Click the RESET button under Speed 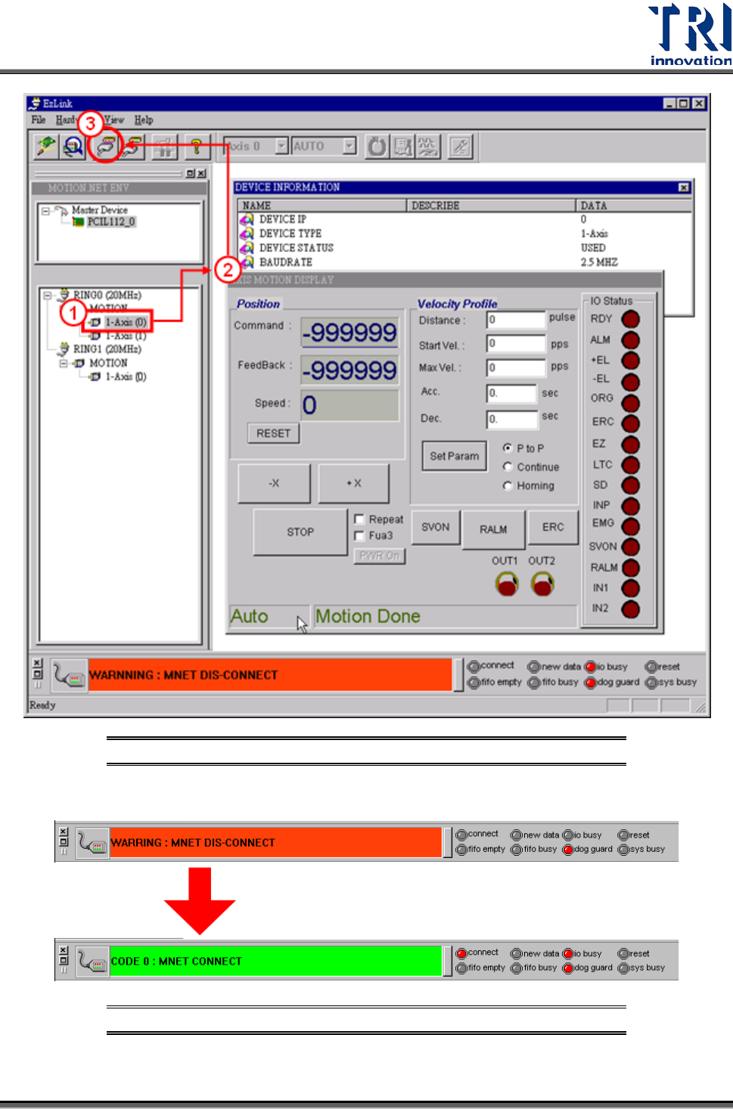point(273,433)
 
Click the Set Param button point(454,456)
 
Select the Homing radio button point(508,486)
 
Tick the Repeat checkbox point(360,519)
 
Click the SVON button point(435,527)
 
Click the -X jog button point(274,483)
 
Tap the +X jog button point(354,483)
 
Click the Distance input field point(516,321)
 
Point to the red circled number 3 point(90,123)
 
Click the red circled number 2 point(227,269)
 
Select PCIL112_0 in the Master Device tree point(110,222)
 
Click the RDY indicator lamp point(630,319)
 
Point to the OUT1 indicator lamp point(507,584)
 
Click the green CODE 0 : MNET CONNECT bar point(275,961)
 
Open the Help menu point(144,120)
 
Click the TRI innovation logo point(689,35)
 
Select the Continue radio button point(508,467)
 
